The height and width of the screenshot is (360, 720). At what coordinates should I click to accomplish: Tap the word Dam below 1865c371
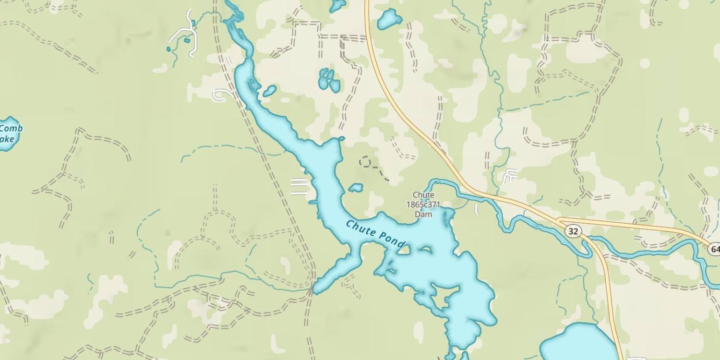click(x=423, y=215)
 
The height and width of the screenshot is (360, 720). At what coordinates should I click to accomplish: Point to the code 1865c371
click(x=423, y=204)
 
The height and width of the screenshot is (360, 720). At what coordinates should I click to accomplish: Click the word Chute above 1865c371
click(x=423, y=195)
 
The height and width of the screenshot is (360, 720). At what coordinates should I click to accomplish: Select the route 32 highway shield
click(x=573, y=231)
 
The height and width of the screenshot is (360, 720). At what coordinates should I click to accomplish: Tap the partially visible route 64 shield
click(x=714, y=249)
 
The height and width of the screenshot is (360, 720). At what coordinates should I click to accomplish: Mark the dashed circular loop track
click(x=366, y=162)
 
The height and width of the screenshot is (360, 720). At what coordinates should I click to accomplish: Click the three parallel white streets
click(x=299, y=186)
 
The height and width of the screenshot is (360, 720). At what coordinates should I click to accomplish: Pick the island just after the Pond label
click(x=404, y=250)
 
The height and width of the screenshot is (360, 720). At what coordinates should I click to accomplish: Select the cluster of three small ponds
click(x=329, y=80)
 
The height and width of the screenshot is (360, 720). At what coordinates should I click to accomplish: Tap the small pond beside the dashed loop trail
click(x=356, y=188)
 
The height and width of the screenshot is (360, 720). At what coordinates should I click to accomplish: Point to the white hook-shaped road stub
click(x=221, y=95)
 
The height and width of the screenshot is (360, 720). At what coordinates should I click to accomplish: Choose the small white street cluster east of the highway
click(x=510, y=176)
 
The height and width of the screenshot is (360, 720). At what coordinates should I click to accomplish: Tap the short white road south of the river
click(x=476, y=210)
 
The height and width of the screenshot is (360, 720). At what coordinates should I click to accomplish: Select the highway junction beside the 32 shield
click(x=559, y=220)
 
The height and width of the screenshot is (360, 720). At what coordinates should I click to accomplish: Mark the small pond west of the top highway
click(x=389, y=20)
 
